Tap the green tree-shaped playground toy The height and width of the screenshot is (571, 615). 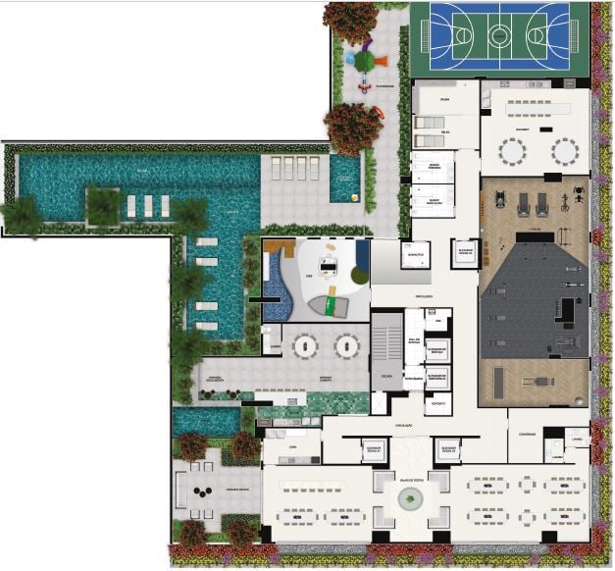364,60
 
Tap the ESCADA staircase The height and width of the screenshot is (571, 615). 387,348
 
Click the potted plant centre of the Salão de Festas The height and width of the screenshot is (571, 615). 407,500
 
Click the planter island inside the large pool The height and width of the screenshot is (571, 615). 102,205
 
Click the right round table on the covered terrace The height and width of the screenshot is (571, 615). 344,345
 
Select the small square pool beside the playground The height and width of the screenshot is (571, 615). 345,180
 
